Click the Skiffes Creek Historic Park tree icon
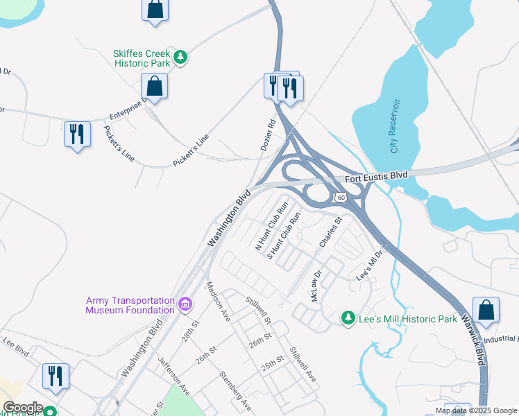coord(180,57)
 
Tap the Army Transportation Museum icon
coord(185,304)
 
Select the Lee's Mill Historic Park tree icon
coord(348,318)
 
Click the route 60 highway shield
coord(340,198)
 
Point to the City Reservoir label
coord(395,126)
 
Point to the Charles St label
coord(330,233)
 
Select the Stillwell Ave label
coord(303,364)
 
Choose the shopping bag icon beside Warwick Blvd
coord(486,311)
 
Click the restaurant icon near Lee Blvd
coord(54,376)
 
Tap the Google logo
coord(22,408)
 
